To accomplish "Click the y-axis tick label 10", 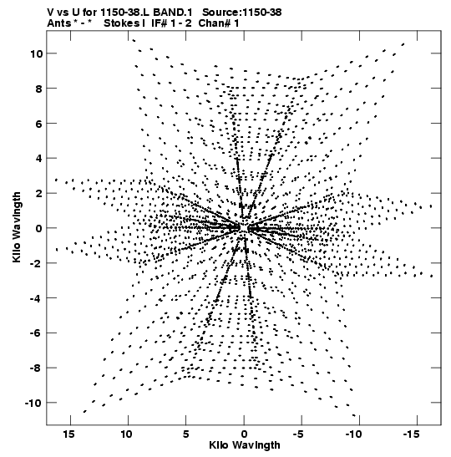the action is point(36,54).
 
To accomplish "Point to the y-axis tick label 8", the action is point(39,89).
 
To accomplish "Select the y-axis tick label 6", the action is point(39,124).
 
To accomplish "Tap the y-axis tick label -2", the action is point(37,263).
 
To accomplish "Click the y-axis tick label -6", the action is point(37,333).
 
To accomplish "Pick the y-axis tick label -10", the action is point(33,404).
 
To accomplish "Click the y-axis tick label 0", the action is point(39,229).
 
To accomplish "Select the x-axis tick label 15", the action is point(68,434).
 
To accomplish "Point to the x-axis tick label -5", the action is point(298,434).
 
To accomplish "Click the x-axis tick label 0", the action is point(244,434).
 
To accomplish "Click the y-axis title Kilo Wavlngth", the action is point(17,227).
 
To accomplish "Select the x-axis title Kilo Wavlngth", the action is point(245,445).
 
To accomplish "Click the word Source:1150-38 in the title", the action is point(242,13).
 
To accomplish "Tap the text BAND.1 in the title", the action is point(173,13).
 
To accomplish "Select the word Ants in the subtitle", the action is point(58,23).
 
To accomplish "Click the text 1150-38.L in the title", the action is point(125,13).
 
